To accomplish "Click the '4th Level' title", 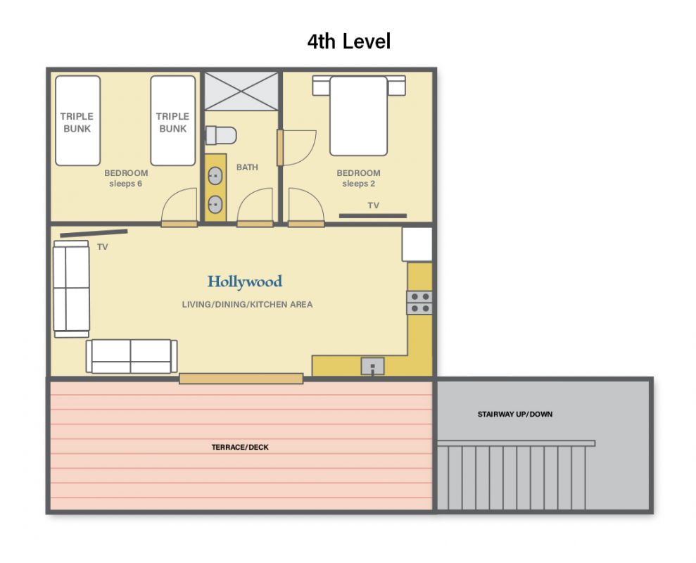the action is [x=349, y=42].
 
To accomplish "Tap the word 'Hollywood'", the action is [x=245, y=282].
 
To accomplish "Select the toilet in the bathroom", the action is [x=220, y=135].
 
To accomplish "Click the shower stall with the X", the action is [x=241, y=91].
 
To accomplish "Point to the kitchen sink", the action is [x=372, y=367].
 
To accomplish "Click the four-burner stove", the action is [x=419, y=303].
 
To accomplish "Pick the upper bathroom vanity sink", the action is [x=215, y=176].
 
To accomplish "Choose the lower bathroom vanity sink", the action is [x=215, y=204].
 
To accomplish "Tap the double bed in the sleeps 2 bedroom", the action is [x=359, y=115].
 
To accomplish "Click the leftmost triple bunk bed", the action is [x=77, y=121].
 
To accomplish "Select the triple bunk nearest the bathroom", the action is [x=173, y=121].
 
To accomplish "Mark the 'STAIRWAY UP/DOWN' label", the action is [x=515, y=415].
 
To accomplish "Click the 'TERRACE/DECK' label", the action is [x=240, y=447].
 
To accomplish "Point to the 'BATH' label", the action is [x=247, y=167].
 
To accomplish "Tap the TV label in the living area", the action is [x=103, y=247].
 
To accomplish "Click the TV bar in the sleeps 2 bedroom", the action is [x=373, y=216].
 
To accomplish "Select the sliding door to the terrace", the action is [x=241, y=379].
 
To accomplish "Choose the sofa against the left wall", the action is [x=71, y=289].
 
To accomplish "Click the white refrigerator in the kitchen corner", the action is [x=417, y=244].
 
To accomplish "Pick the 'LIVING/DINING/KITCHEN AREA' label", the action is [x=247, y=305].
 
